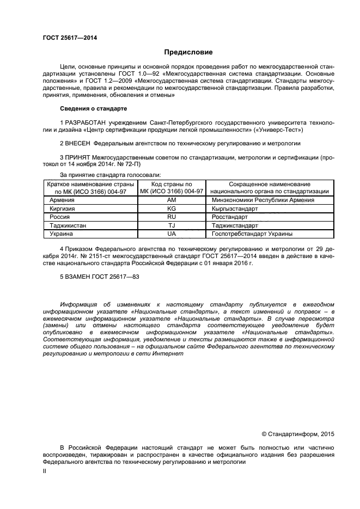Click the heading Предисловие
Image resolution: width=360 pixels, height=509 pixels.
tap(188, 52)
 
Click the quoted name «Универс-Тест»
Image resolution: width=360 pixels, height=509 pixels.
tap(282, 131)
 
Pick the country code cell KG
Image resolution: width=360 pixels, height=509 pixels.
tap(172, 208)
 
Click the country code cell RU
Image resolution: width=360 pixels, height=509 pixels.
tap(172, 217)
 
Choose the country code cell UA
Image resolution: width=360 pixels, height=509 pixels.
tap(172, 234)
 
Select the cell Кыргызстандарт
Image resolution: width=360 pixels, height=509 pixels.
tap(237, 208)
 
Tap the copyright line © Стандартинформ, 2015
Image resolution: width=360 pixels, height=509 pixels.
tap(297, 434)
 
